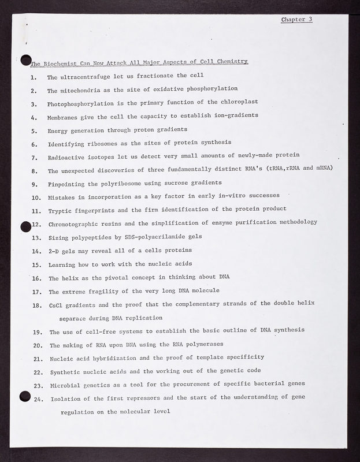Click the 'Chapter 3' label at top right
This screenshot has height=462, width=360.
tap(296, 19)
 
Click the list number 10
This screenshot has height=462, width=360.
tap(35, 197)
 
